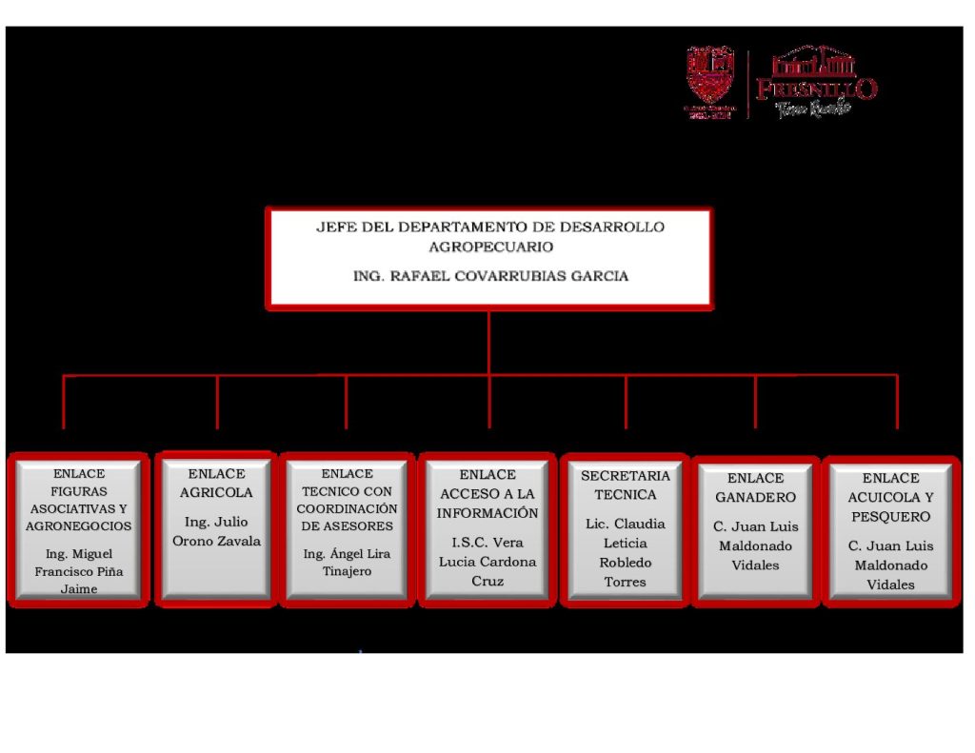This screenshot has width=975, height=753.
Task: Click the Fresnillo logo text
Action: click(x=816, y=89)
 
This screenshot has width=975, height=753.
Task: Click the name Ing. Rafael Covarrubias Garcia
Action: click(x=490, y=276)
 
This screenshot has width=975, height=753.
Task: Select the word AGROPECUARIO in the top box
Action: click(x=490, y=247)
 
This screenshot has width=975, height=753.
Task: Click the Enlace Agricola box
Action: click(x=216, y=528)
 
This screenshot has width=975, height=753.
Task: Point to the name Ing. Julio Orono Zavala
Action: click(x=216, y=531)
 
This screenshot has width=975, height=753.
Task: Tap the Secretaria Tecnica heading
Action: click(x=626, y=485)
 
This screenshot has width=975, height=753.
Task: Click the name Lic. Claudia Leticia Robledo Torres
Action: click(x=625, y=553)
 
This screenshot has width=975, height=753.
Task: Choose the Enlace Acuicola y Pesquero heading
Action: click(x=890, y=497)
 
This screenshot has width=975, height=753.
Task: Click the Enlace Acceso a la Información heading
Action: click(x=487, y=493)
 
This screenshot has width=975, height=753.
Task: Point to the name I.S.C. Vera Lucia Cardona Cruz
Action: click(x=487, y=562)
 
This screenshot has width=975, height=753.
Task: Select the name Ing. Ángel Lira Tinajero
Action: click(x=347, y=563)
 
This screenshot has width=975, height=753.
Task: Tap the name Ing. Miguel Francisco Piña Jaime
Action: click(x=79, y=571)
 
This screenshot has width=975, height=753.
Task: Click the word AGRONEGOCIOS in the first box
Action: click(x=79, y=525)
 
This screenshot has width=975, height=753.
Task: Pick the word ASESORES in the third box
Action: click(x=347, y=525)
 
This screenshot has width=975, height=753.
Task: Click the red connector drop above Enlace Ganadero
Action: click(x=755, y=402)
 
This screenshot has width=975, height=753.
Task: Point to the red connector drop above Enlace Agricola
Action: click(x=217, y=402)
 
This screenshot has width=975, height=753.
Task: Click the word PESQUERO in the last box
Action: click(x=890, y=517)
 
